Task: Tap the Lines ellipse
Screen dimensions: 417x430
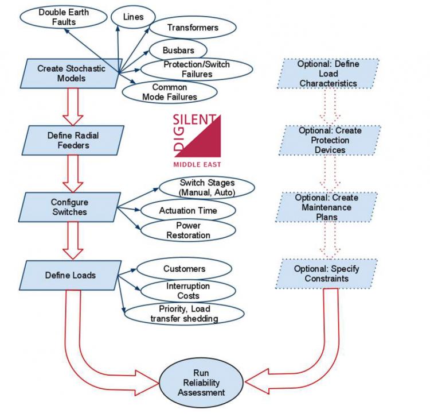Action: [134, 18]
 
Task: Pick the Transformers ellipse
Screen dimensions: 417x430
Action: [192, 28]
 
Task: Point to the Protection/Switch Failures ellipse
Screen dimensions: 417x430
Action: [196, 69]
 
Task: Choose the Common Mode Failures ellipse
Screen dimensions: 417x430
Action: [169, 92]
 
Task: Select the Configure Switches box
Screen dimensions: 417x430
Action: [68, 207]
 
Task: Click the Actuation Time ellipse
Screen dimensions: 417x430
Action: [187, 211]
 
